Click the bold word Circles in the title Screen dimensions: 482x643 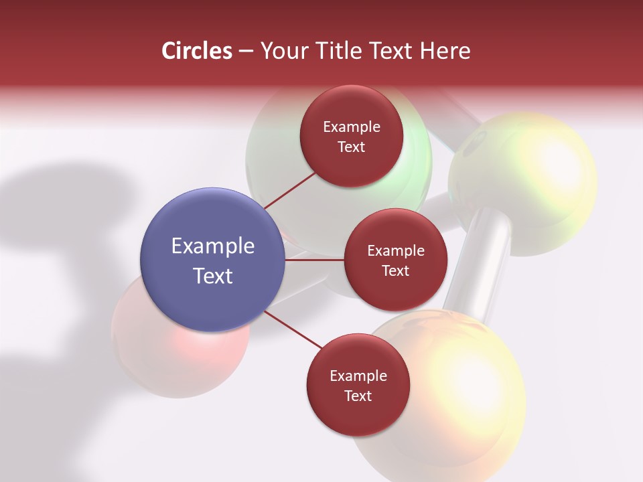196,51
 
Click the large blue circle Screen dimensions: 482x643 212,260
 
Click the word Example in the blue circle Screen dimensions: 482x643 213,246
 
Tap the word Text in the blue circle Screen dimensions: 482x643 213,276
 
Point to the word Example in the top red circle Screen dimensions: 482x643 352,127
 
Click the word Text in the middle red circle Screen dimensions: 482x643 395,271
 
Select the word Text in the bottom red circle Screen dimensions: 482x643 358,396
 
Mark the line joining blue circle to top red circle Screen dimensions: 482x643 289,190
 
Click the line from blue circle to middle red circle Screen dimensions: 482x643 314,260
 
